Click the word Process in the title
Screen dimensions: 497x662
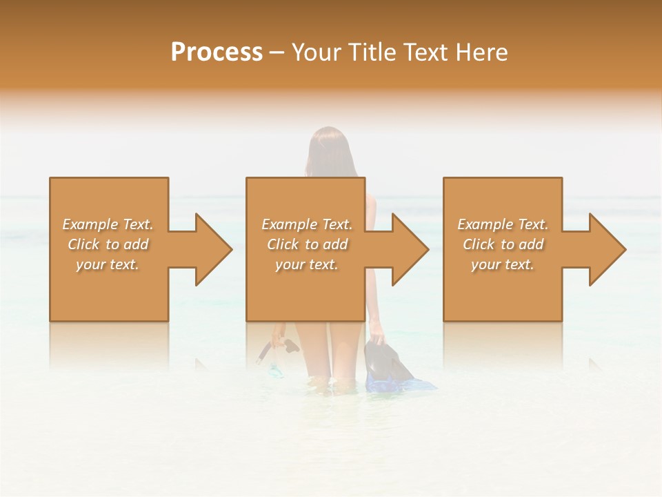click(217, 52)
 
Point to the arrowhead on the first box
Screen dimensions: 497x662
click(210, 249)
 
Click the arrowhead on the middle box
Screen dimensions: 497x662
click(407, 249)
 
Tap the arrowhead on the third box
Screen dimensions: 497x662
click(604, 249)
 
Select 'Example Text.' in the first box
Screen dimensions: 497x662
click(108, 224)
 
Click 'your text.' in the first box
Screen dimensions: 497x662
click(108, 264)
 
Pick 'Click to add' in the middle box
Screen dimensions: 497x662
click(307, 244)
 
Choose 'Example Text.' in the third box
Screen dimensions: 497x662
click(503, 224)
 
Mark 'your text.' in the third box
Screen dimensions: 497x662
click(503, 264)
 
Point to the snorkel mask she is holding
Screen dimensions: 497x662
click(276, 359)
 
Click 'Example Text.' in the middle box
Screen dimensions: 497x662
click(307, 224)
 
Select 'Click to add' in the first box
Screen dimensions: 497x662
click(108, 244)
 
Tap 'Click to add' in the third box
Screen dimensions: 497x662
click(503, 244)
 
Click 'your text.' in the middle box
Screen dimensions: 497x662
click(307, 264)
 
